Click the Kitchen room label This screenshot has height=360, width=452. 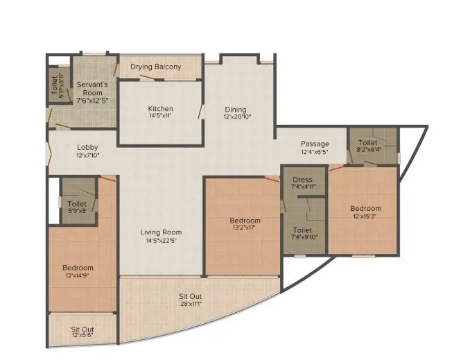pos(160,109)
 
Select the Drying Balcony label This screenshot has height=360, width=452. pos(156,67)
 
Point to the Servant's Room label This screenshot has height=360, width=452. pos(91,87)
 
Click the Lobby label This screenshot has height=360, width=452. pos(87,147)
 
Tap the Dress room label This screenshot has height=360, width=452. pos(302,180)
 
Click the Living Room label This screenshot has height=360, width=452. pos(161,232)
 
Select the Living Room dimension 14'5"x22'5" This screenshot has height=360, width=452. pos(161,241)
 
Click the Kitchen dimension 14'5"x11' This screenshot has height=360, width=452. pos(160,117)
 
